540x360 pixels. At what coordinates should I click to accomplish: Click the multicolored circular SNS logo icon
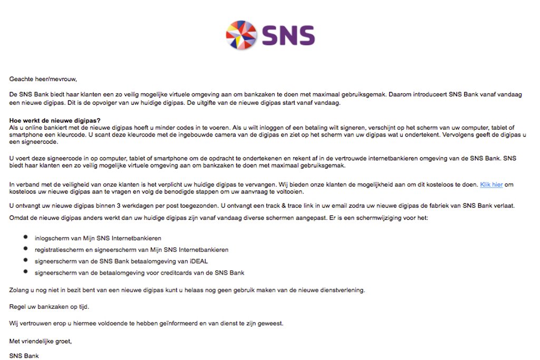241,35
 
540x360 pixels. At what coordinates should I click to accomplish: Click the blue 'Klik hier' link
491,184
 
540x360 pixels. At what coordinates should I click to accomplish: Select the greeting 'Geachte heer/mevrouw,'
43,79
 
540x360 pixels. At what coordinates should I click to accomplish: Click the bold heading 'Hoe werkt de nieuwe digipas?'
55,121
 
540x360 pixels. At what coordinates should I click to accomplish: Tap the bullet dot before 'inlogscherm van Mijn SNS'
25,238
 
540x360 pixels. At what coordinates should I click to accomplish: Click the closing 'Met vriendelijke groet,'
41,341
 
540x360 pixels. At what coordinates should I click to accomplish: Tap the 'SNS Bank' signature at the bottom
24,356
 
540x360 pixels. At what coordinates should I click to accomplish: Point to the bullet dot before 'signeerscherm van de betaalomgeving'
25,272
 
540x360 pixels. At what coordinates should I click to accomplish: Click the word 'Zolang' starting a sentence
19,289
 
